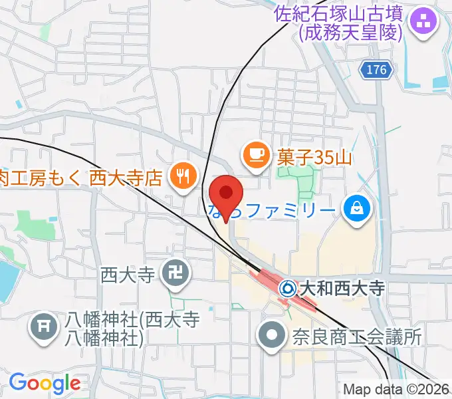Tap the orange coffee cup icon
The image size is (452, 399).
(x=256, y=155)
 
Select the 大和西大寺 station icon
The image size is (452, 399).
(x=287, y=289)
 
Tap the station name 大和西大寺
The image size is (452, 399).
(x=343, y=289)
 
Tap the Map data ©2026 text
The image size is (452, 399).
(x=396, y=390)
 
